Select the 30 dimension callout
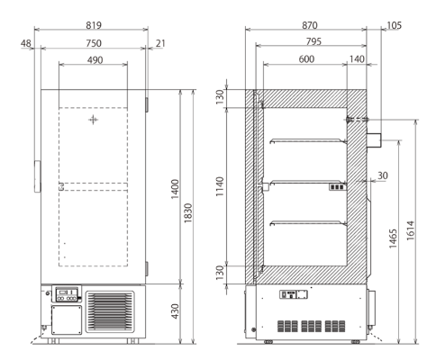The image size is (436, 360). [384, 175]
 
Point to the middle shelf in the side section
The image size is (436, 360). [308, 181]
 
